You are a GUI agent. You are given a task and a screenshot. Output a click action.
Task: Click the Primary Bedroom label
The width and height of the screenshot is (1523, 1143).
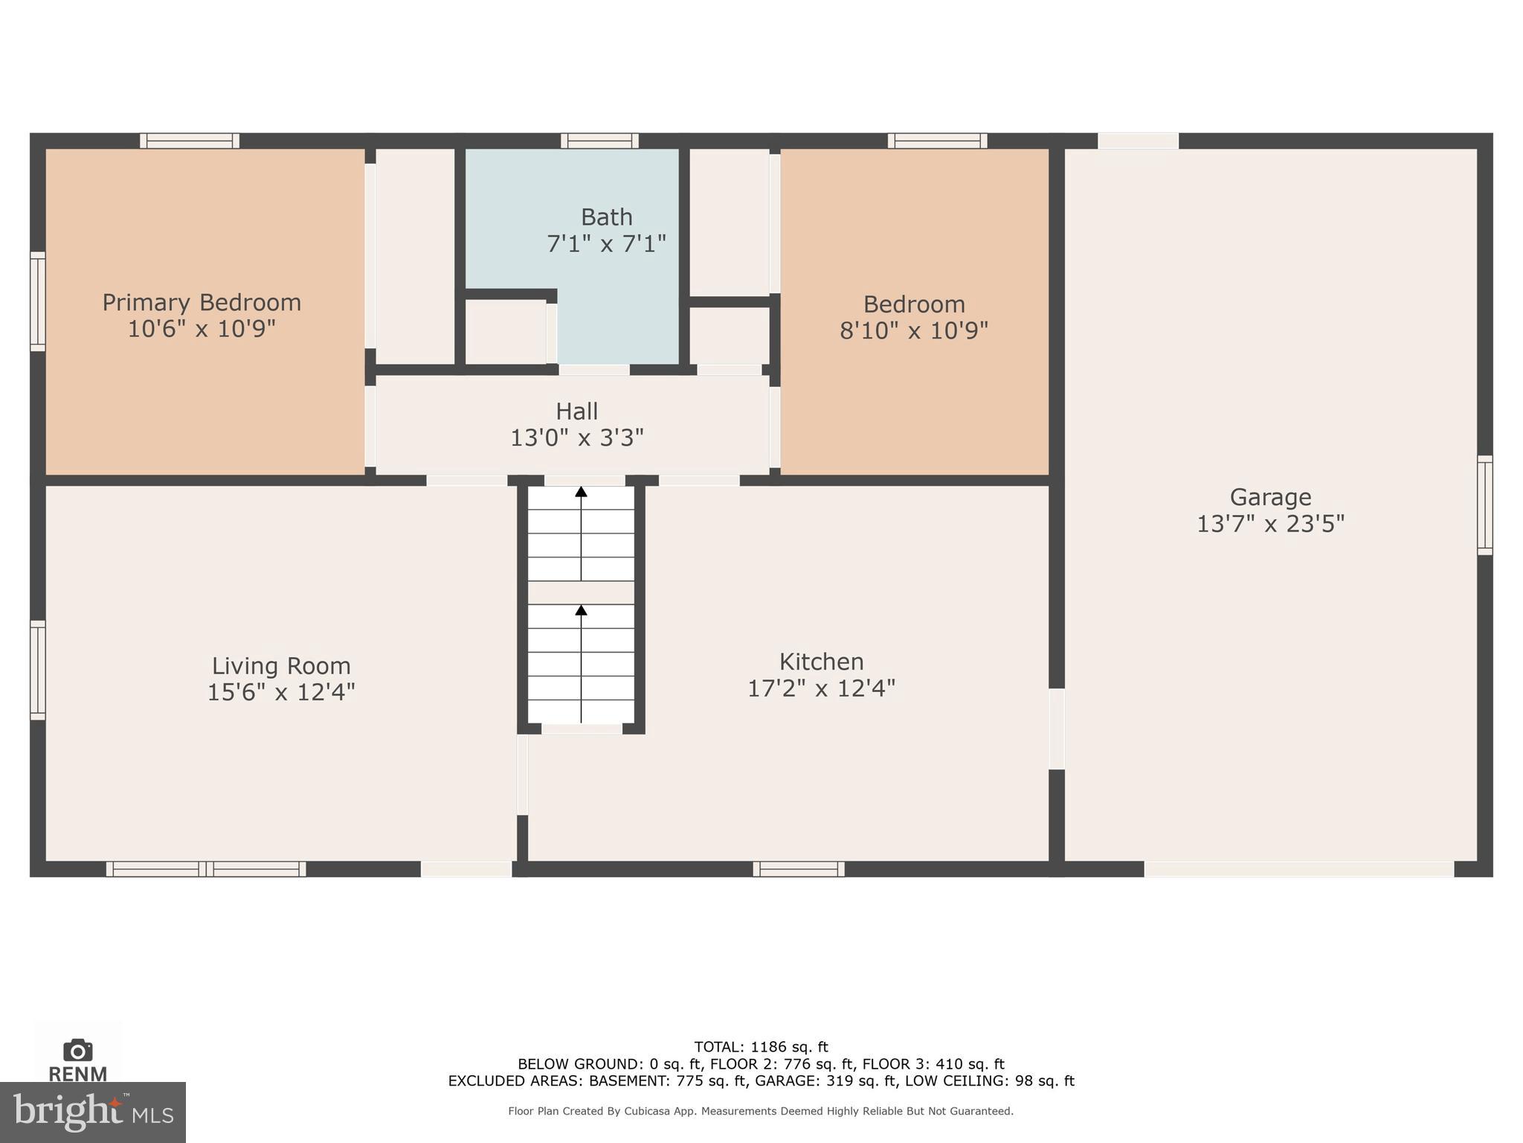[x=202, y=303]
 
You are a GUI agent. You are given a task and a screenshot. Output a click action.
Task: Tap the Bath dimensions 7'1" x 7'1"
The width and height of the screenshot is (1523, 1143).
[x=606, y=244]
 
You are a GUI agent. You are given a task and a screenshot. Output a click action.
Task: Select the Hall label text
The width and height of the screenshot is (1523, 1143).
[x=576, y=412]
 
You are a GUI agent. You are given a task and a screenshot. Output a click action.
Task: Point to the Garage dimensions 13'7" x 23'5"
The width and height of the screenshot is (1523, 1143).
[x=1270, y=524]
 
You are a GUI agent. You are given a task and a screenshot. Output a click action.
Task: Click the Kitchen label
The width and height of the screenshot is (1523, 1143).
[x=821, y=662]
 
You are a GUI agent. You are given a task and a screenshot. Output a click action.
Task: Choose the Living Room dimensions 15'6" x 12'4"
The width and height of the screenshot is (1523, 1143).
[x=281, y=692]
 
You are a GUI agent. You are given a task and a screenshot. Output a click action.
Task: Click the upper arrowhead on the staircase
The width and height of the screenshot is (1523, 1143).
[x=581, y=492]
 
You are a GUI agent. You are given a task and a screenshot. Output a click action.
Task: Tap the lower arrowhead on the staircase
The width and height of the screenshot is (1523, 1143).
[x=581, y=610]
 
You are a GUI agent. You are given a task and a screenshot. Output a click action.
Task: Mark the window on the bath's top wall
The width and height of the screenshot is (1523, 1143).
[x=599, y=141]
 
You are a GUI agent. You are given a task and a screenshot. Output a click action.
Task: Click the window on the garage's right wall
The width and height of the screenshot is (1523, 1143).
[x=1484, y=505]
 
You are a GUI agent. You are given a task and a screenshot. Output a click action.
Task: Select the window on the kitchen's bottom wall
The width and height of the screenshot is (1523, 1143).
[x=799, y=869]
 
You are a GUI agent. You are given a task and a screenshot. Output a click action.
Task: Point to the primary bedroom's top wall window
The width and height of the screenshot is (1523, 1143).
[x=190, y=141]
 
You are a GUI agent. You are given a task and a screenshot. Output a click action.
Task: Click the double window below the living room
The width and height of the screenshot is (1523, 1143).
[x=206, y=869]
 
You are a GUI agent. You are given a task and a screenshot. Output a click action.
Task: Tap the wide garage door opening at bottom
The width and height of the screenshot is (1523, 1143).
[x=1298, y=869]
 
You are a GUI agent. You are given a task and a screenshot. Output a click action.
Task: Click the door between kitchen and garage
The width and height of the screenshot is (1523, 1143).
[x=1056, y=729]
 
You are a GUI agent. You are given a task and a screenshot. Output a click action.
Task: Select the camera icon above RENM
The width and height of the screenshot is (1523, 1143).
[x=77, y=1050]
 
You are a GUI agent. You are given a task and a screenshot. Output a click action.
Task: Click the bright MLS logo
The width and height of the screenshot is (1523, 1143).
[x=93, y=1112]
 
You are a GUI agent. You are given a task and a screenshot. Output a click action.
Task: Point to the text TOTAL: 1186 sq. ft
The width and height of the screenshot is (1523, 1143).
[x=761, y=1047]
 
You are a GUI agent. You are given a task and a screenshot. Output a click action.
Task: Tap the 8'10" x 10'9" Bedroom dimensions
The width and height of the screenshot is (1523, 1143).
[x=913, y=330]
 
